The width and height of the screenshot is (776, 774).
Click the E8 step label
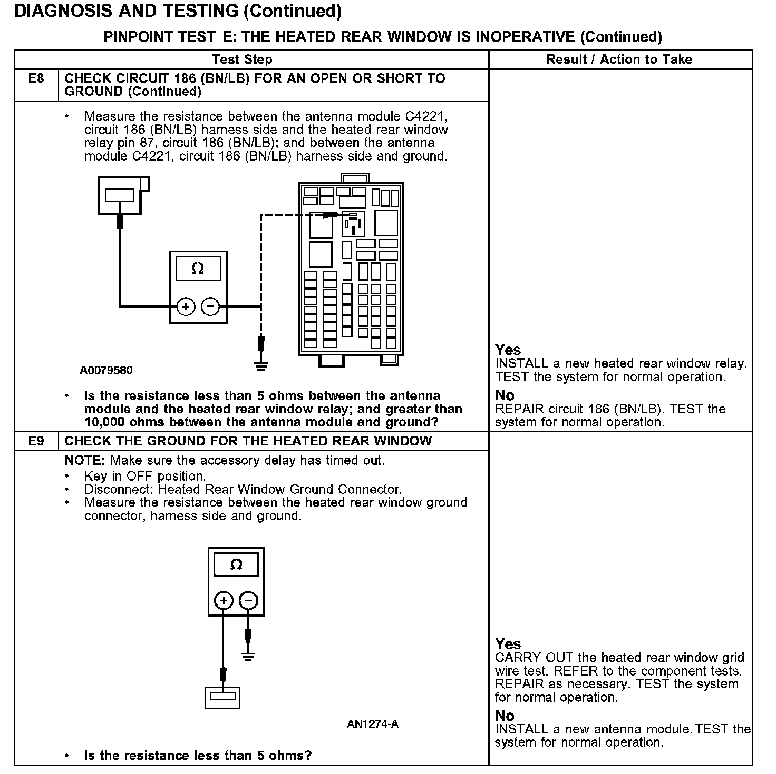(36, 78)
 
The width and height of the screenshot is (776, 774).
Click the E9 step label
(36, 441)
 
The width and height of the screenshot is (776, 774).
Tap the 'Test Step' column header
(242, 59)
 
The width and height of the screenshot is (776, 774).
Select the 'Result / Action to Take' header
(619, 59)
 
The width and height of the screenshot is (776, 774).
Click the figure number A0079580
(106, 370)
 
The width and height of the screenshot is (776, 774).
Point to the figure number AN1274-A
(372, 724)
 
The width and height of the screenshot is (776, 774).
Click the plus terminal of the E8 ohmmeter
(186, 306)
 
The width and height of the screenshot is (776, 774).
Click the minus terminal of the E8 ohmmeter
(210, 306)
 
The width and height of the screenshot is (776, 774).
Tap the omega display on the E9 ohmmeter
(236, 565)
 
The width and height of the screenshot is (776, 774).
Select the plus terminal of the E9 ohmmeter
(224, 600)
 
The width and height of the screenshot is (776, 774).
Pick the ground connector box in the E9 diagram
(222, 697)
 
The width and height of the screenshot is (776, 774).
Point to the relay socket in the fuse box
(352, 224)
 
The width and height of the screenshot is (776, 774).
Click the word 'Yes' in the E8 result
(508, 350)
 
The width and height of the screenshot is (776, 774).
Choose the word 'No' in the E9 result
(505, 716)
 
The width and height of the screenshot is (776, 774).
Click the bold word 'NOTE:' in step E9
(85, 460)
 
